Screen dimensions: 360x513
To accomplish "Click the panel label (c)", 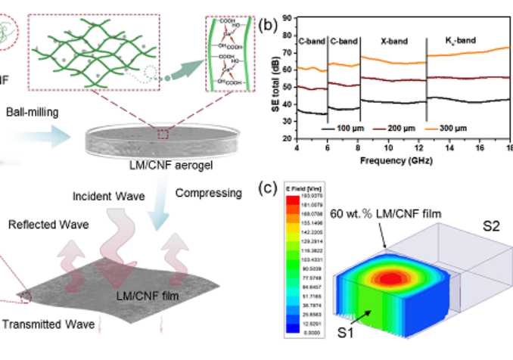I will (266, 188).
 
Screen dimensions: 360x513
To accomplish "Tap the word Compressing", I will (209, 194).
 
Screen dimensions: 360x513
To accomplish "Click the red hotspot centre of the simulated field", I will (390, 277).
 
